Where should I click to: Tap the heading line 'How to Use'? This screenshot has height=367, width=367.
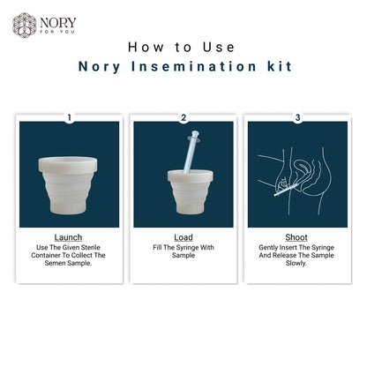(183, 46)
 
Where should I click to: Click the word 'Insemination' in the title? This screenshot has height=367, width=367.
(193, 65)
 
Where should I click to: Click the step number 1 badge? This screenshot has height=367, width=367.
(69, 116)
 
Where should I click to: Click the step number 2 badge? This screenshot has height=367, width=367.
(183, 116)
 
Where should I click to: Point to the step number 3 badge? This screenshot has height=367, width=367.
(297, 116)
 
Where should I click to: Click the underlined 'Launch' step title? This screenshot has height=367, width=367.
(69, 237)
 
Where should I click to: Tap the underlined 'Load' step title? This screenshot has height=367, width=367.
(183, 237)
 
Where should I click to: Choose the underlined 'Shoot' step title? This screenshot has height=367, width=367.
(297, 237)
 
